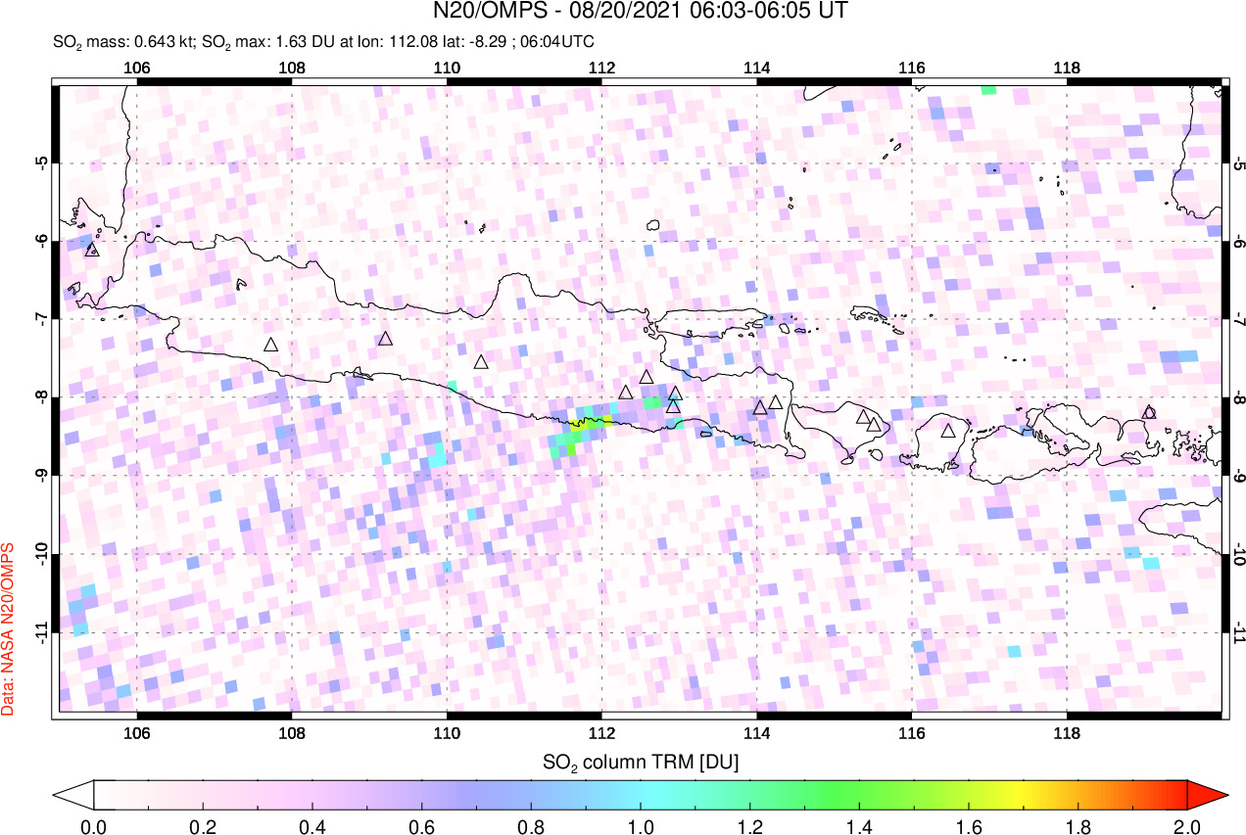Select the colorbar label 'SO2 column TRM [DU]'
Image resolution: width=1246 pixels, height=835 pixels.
(x=641, y=761)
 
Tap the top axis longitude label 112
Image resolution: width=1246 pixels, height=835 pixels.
(x=601, y=68)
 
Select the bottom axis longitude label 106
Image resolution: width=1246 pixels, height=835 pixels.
(x=137, y=732)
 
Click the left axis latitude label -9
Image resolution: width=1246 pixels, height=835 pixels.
(x=42, y=476)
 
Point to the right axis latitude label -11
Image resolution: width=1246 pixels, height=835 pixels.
(x=1238, y=632)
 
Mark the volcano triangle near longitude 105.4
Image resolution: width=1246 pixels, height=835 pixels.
(x=92, y=250)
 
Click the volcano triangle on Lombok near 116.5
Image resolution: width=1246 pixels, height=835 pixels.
(x=948, y=430)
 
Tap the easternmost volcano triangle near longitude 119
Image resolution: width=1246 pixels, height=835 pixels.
(x=1149, y=412)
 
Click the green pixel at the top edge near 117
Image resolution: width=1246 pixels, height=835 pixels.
(x=988, y=89)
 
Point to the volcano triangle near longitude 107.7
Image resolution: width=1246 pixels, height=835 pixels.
(x=271, y=345)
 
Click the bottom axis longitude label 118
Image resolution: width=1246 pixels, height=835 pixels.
(x=1067, y=732)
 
